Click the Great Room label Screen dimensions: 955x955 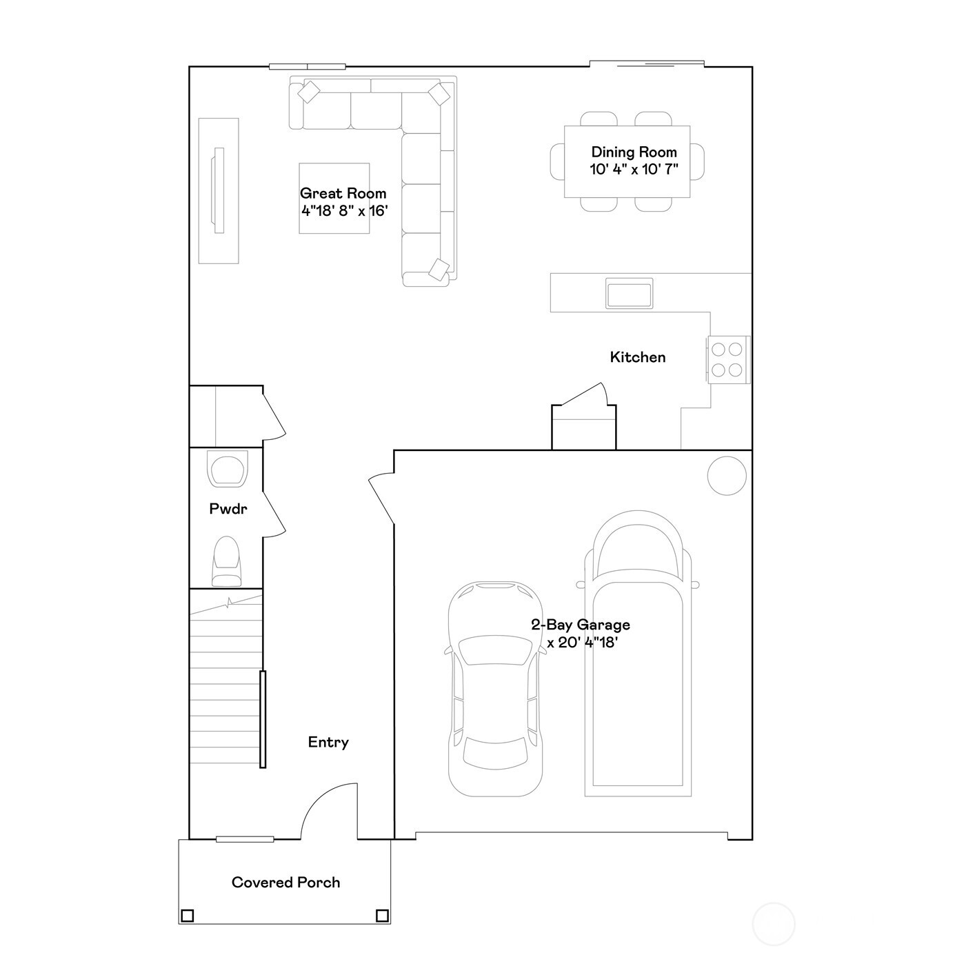pos(343,194)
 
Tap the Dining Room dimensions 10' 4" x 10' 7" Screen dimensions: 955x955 pos(634,170)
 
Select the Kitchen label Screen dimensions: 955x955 pos(638,357)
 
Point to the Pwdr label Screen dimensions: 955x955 pos(228,510)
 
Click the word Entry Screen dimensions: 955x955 pos(328,743)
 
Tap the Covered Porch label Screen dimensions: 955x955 pos(285,883)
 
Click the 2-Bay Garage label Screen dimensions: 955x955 pos(580,625)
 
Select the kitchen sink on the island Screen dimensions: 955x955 pos(629,293)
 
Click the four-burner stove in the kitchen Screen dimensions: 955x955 pos(727,359)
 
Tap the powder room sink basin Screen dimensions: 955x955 pos(228,470)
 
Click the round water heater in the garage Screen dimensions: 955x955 pos(727,476)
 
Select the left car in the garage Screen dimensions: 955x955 pos(494,690)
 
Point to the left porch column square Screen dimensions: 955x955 pos(187,916)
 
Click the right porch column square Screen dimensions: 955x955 pos(382,916)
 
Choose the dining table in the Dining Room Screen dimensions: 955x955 pos(627,161)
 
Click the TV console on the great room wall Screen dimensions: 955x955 pos(219,191)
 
